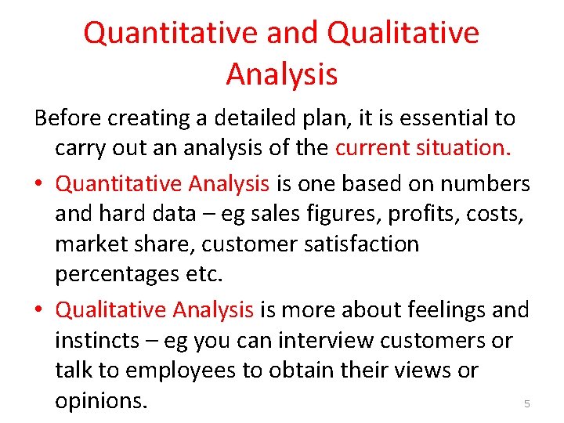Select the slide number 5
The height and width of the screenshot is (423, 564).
(x=526, y=404)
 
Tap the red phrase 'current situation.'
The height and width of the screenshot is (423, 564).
(x=423, y=148)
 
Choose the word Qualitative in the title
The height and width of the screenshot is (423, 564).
(x=403, y=33)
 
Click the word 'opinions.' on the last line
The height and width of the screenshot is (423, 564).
(x=100, y=401)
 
